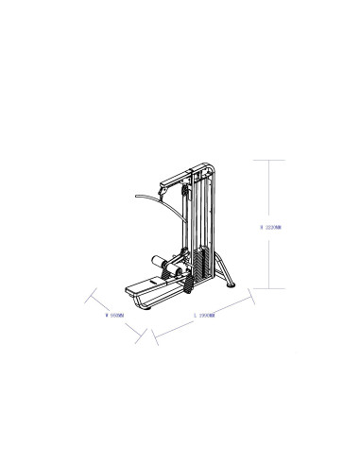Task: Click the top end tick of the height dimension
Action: click(271, 161)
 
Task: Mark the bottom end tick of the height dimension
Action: click(271, 288)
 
